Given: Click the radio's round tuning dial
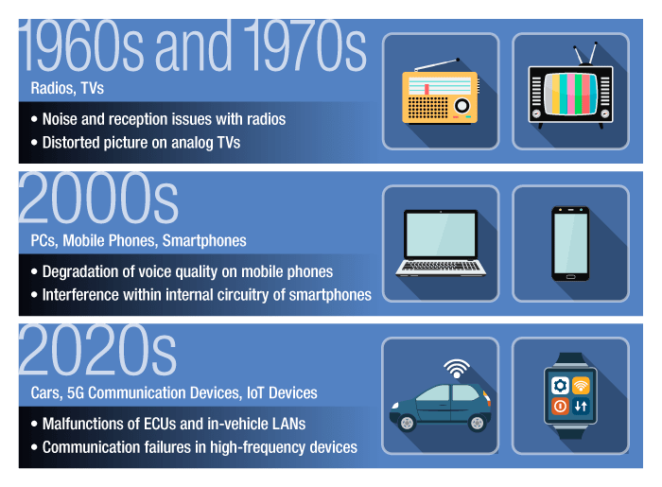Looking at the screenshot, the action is click(462, 106).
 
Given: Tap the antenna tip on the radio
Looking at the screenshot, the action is click(458, 60).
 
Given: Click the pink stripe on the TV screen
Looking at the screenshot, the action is click(571, 94).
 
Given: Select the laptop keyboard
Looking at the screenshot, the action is click(441, 267).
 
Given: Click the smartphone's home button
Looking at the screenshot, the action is click(570, 277).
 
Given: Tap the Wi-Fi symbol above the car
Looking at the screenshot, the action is click(457, 369).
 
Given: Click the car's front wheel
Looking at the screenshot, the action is click(407, 423).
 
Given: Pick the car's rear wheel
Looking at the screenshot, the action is click(477, 423).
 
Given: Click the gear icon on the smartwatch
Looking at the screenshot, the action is click(560, 385).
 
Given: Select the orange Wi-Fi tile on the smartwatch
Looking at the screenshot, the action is click(581, 385).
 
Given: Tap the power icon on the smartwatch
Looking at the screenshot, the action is click(560, 407).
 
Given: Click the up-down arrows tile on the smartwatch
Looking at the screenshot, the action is click(581, 407).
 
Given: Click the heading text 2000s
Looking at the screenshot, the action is click(98, 198).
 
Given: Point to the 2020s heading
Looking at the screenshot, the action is click(98, 350).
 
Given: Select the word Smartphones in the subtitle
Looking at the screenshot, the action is click(204, 241).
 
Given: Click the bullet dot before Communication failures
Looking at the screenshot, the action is click(34, 447).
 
